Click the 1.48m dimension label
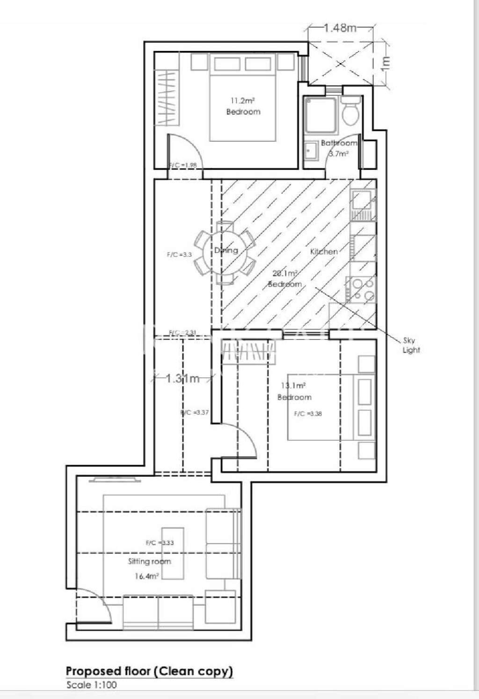tap(340, 28)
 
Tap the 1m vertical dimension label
tap(385, 62)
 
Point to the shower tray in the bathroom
tap(319, 113)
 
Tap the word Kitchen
tap(324, 251)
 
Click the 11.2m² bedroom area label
tap(243, 100)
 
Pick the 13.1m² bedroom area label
tap(294, 386)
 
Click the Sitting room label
tap(149, 561)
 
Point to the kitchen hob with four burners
tap(361, 290)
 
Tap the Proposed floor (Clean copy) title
tap(149, 671)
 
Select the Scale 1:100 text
tap(91, 685)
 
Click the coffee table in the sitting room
tap(173, 553)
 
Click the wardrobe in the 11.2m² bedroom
tap(167, 97)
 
